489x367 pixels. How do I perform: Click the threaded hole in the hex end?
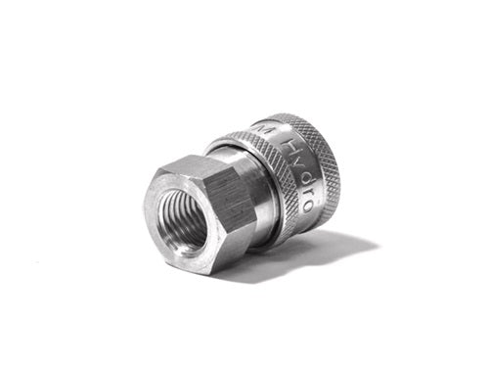(183, 217)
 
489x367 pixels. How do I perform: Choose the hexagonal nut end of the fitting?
(196, 215)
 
